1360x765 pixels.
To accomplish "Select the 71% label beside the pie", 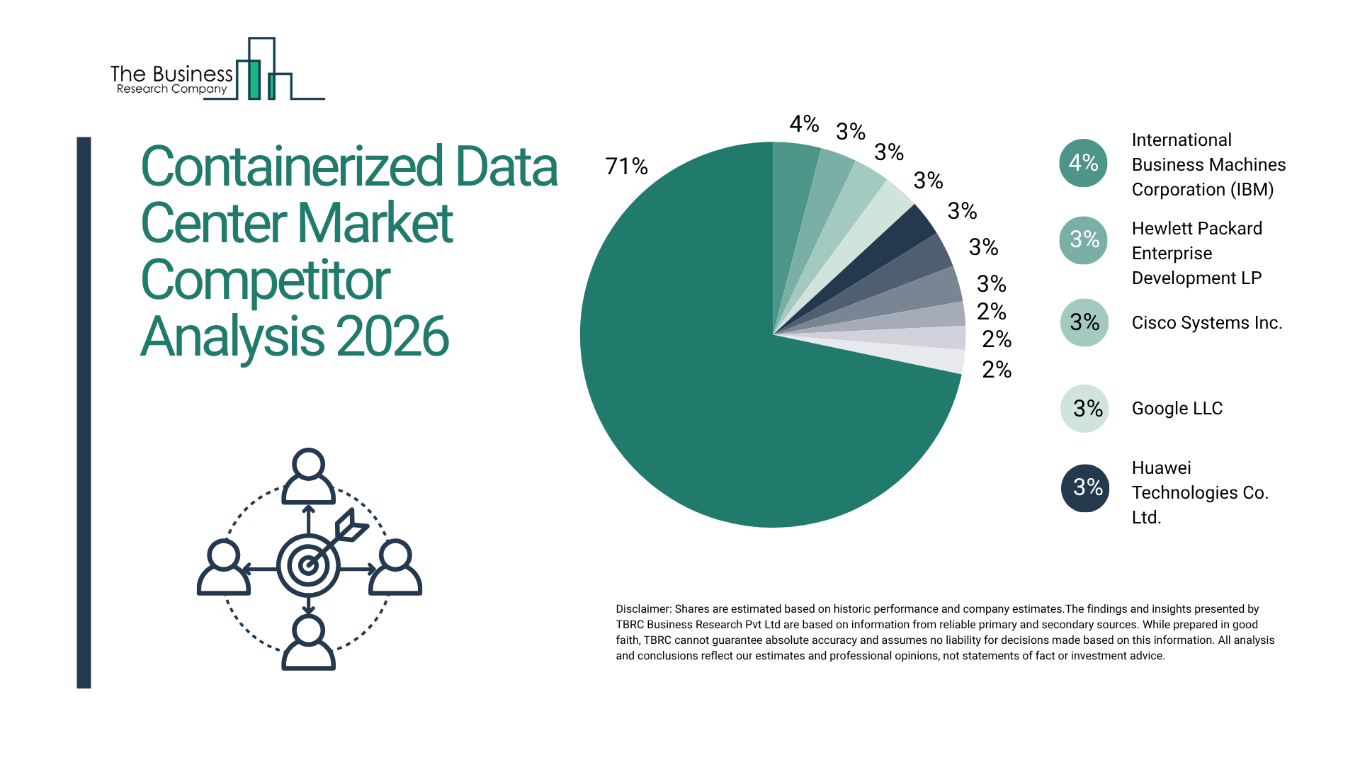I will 626,166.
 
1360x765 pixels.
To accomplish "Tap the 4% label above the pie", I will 804,124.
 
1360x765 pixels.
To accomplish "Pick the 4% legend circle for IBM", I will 1083,163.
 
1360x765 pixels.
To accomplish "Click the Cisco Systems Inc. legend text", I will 1206,323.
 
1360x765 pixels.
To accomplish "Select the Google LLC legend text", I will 1177,409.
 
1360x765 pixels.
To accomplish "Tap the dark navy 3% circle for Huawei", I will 1084,487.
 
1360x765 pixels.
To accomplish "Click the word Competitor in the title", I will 265,280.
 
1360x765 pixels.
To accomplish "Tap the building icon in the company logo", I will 262,71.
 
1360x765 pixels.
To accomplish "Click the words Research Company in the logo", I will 171,89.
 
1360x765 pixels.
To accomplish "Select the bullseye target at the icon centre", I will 308,565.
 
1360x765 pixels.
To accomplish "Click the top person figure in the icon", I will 308,477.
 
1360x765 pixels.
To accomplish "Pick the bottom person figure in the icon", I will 308,643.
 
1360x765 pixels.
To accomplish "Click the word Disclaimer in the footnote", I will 642,609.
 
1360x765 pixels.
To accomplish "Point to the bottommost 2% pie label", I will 996,370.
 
